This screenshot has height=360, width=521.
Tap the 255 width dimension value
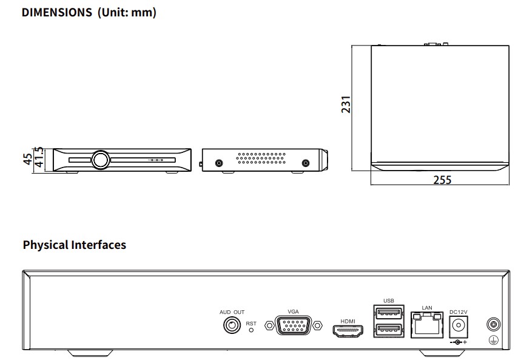442,180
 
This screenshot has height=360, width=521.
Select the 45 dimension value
27,159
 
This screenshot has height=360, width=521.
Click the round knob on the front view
101,160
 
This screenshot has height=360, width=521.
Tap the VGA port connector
294,326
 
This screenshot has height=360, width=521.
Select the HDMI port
348,331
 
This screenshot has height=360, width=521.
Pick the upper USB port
389,314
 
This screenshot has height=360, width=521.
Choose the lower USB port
389,330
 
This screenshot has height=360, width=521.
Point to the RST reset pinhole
252,331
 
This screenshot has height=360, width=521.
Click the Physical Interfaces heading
75,245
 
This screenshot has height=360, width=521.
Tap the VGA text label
294,311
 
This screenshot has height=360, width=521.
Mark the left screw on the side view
219,163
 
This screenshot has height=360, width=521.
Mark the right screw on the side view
305,163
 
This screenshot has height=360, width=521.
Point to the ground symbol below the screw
493,340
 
